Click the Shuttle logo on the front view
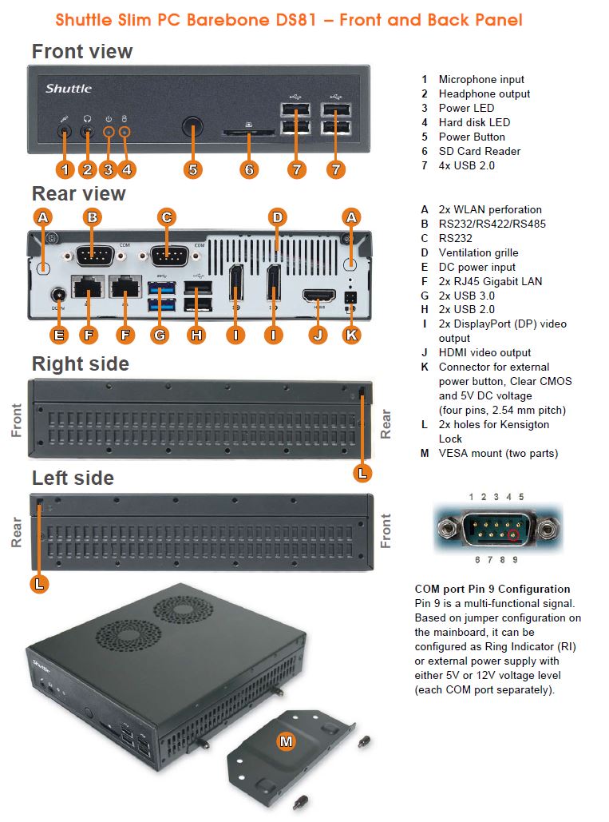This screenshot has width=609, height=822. click(x=69, y=88)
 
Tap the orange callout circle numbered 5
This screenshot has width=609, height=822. click(x=192, y=169)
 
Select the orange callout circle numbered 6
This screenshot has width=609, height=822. click(x=249, y=169)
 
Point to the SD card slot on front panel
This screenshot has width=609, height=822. click(x=249, y=135)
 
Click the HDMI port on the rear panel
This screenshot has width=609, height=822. click(x=318, y=296)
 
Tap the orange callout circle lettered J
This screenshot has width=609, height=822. click(x=318, y=335)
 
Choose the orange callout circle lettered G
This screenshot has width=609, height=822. click(x=160, y=335)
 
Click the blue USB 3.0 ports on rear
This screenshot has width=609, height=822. click(x=160, y=293)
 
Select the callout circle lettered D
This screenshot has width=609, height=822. click(x=277, y=216)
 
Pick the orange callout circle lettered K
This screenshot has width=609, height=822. click(x=351, y=335)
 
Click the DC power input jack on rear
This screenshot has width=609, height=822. click(x=57, y=296)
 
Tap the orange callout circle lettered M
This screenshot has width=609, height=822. click(x=286, y=741)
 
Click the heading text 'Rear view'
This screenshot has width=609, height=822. click(x=78, y=194)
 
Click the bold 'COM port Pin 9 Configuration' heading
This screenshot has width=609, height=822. click(x=492, y=589)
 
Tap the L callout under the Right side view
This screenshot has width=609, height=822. click(x=362, y=472)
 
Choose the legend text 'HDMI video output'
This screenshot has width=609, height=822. click(x=484, y=352)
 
